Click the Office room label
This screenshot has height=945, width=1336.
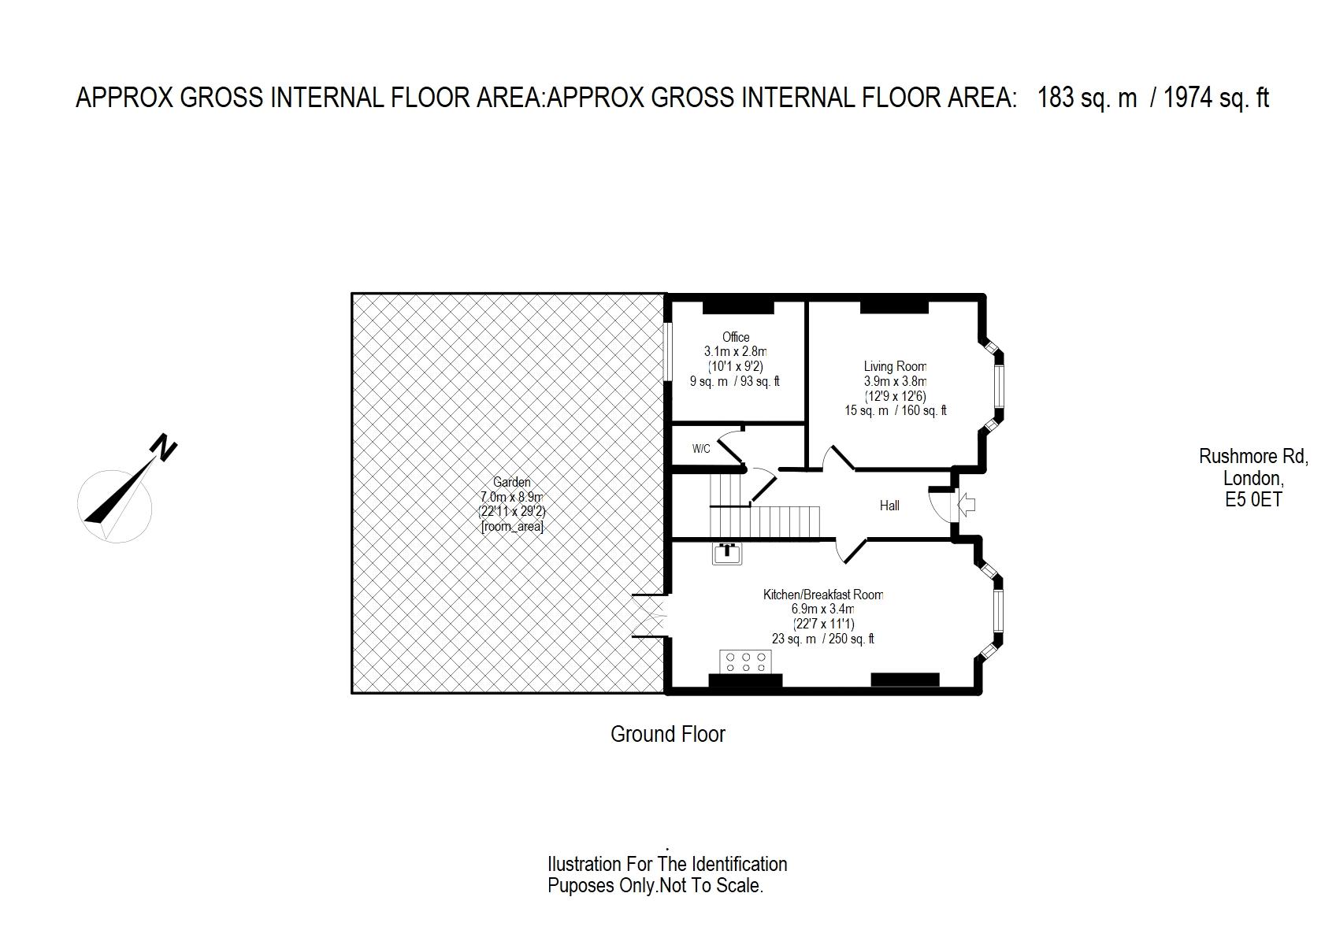[x=736, y=337]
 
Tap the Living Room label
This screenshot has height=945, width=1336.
[x=895, y=366]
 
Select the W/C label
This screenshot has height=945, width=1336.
[x=701, y=448]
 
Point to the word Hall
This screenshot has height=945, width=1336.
[x=889, y=506]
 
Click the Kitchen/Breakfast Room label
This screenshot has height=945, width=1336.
[x=823, y=595]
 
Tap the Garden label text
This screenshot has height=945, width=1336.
[x=512, y=482]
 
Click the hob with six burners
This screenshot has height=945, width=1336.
[x=745, y=661]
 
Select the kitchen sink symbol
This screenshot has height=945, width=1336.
[x=727, y=554]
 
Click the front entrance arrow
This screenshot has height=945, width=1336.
[x=967, y=506]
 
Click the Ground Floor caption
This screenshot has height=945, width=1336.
[x=667, y=734]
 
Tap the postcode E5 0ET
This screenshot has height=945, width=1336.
[x=1253, y=499]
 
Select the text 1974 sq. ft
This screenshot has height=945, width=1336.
[x=1216, y=98]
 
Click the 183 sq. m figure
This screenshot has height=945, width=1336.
[x=1087, y=98]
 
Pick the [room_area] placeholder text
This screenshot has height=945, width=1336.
[x=512, y=527]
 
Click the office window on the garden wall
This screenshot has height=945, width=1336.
[x=668, y=352]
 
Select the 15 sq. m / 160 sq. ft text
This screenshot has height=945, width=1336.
[x=895, y=410]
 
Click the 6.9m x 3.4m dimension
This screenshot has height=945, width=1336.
[x=823, y=610]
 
